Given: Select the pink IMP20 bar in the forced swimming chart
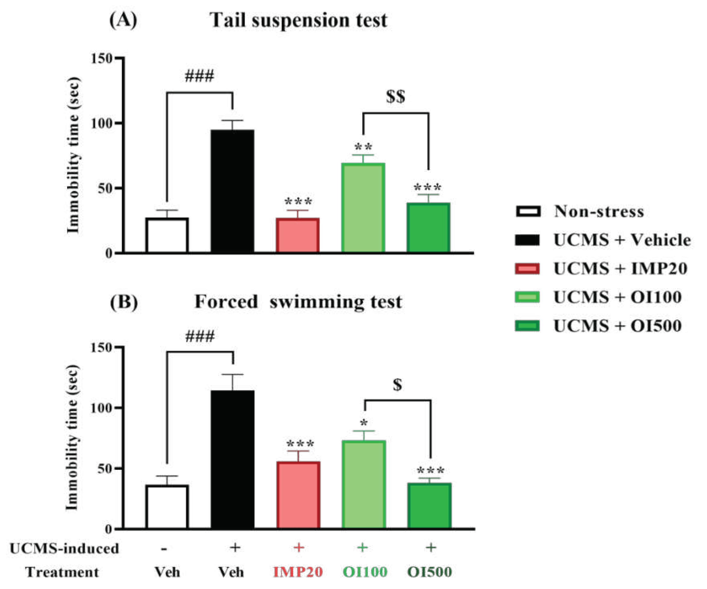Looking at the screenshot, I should point(298,495).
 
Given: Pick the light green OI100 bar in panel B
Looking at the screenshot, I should point(364,485).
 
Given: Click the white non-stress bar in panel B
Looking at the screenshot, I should point(167,507).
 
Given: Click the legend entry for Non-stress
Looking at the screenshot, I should point(599,212).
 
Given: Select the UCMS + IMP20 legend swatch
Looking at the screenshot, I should point(527,269).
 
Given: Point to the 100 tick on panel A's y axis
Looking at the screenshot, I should point(101,123).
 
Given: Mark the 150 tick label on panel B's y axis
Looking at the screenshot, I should point(101,347).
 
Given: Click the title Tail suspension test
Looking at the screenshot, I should point(298,20).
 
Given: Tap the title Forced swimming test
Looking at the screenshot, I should point(298,301).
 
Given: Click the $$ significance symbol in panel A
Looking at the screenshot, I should point(396,97).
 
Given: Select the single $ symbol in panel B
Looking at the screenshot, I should point(398,385).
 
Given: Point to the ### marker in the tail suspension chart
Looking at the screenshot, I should point(199,76).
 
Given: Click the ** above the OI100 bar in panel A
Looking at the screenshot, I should point(363,147).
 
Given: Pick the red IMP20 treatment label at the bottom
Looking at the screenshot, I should point(298,572).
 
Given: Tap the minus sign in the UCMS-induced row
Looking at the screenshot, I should point(164,549).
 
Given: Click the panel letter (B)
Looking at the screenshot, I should point(124,301).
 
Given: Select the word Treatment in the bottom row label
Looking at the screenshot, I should point(62,572).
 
